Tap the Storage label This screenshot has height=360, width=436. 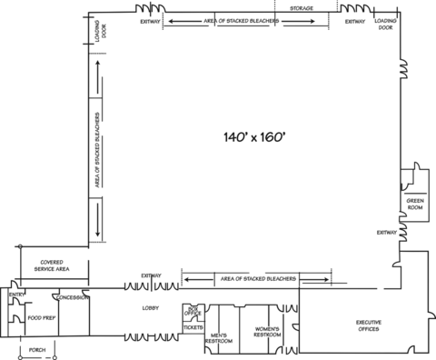[x=302, y=8]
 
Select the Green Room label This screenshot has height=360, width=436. [x=415, y=205]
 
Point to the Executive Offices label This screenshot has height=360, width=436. [x=368, y=326]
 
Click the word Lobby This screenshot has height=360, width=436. [x=151, y=308]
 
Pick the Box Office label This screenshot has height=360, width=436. [x=192, y=310]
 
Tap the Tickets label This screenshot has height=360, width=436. [x=193, y=327]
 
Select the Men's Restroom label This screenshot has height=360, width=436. [x=220, y=338]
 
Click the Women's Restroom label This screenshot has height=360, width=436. [x=267, y=332]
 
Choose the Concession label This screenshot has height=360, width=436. [x=72, y=297]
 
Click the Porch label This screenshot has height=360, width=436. [x=37, y=350]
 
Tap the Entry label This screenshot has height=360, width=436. [x=16, y=295]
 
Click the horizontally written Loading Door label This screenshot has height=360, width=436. [x=385, y=24]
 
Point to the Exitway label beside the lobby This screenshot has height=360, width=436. [x=151, y=276]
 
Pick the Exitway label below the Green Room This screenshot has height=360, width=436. [x=387, y=233]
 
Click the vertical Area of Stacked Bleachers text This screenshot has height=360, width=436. [x=97, y=150]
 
